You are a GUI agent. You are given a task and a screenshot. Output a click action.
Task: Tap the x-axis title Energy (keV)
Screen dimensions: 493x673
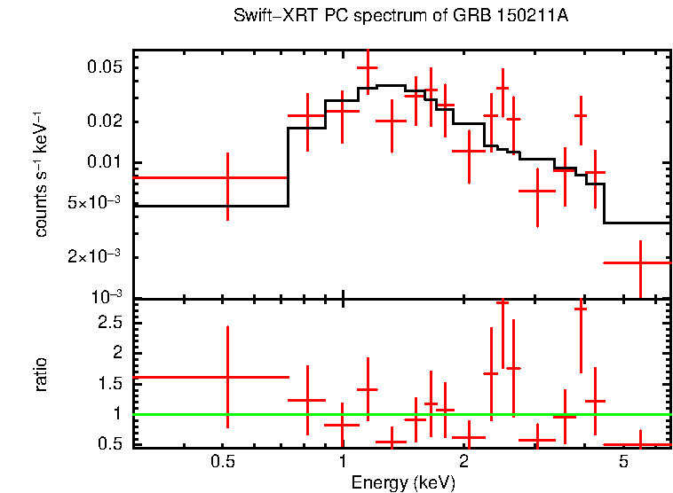coord(403,482)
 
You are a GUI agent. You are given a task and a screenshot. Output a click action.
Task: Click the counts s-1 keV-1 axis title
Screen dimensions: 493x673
coord(41,174)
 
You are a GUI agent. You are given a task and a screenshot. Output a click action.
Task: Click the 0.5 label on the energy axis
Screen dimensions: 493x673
coord(223,463)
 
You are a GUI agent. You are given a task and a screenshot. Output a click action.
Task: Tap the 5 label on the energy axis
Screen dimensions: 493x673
coord(623,463)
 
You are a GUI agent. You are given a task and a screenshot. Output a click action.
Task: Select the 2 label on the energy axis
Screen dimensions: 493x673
coord(463,463)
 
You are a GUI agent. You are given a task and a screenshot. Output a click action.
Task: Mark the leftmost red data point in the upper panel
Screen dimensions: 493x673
coord(228,178)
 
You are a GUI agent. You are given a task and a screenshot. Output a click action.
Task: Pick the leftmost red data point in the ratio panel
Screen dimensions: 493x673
coord(228,377)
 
